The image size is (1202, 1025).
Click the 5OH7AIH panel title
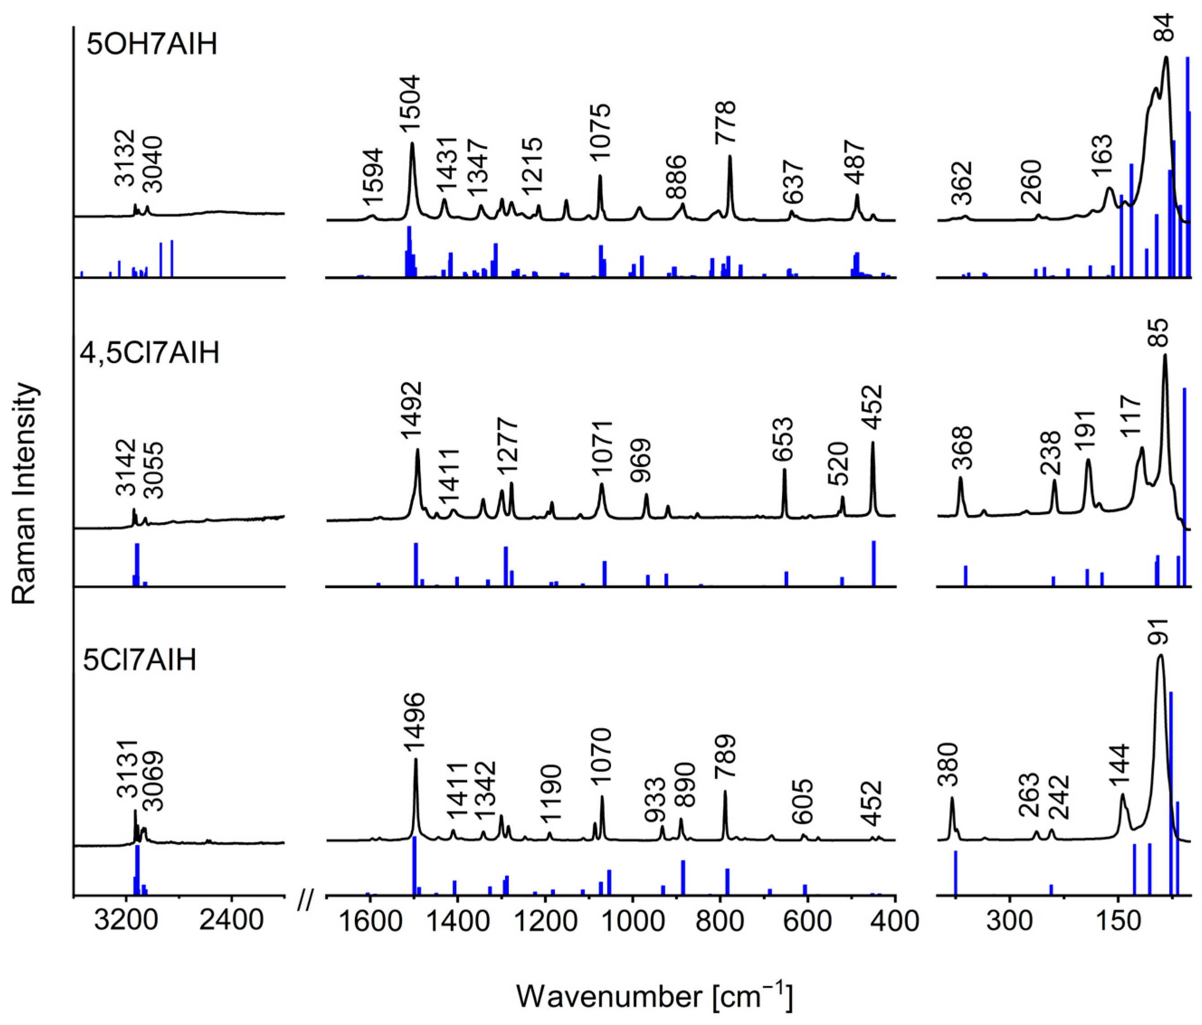point(151,44)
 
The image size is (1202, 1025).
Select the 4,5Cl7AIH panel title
point(150,353)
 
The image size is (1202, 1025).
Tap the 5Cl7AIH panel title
point(140,660)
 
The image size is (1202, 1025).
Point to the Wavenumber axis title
point(654,996)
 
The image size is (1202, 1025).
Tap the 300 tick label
point(1010,921)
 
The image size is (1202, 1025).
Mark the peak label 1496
point(415,723)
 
